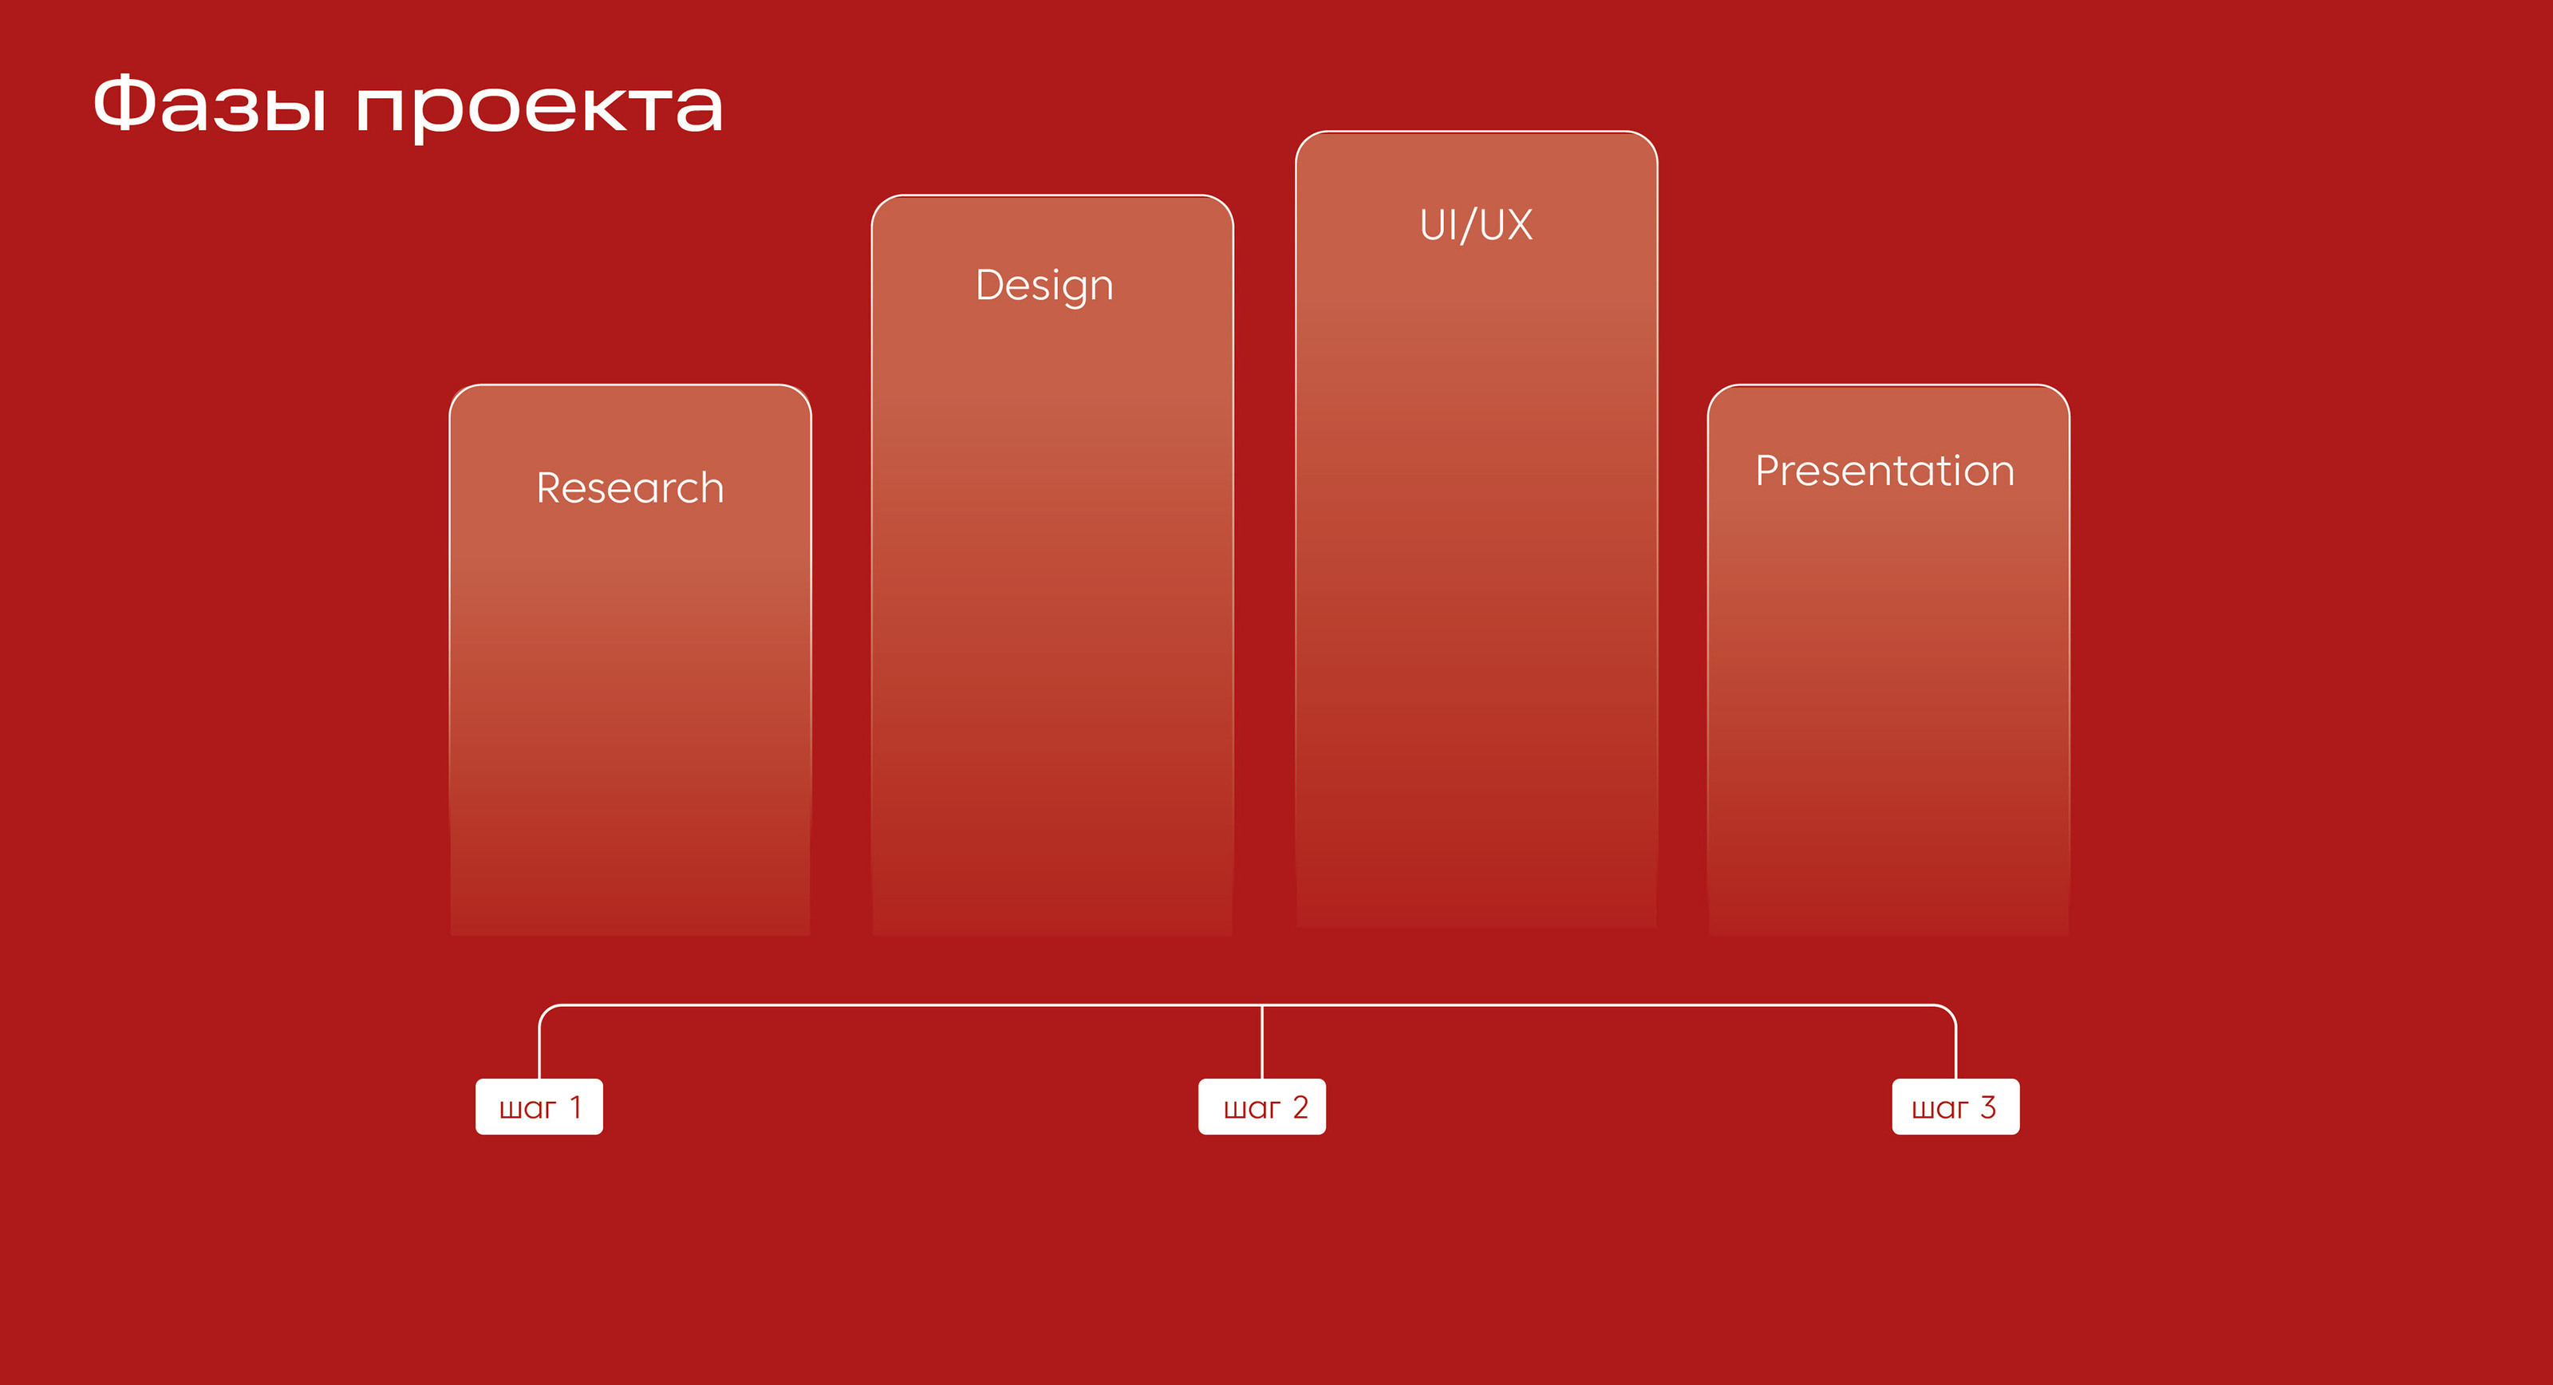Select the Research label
click(630, 487)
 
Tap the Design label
click(1044, 286)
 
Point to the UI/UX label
click(1477, 225)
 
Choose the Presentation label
click(1885, 471)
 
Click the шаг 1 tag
click(539, 1107)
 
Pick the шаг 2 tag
click(1261, 1107)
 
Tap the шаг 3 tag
click(1955, 1107)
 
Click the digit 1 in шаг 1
click(574, 1107)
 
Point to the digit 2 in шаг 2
click(1300, 1107)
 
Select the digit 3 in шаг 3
click(1987, 1107)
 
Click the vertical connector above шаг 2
click(1261, 1042)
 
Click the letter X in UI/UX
click(1518, 225)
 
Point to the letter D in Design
click(991, 285)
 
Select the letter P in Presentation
click(1768, 471)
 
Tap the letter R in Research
click(550, 487)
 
